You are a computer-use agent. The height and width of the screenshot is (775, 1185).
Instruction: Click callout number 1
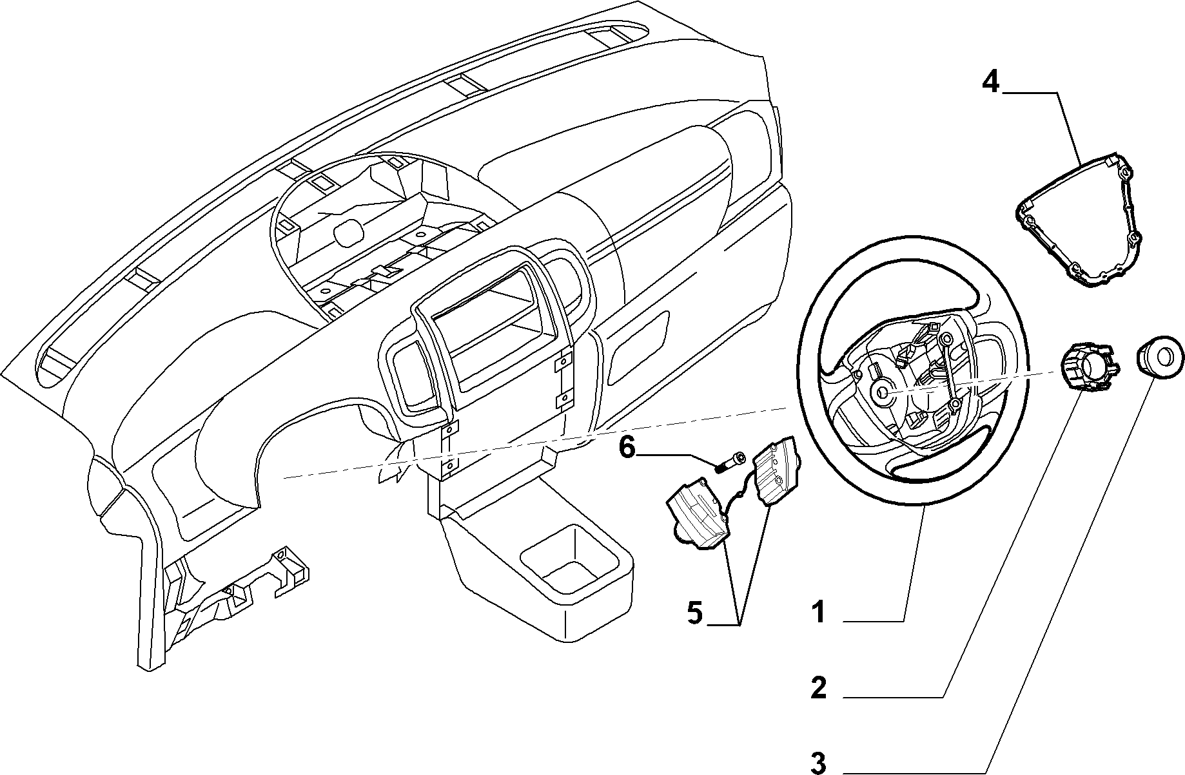pyautogui.click(x=818, y=612)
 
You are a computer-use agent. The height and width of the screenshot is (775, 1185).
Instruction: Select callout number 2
pyautogui.click(x=818, y=688)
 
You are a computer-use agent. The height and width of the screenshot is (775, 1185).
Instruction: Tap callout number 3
pyautogui.click(x=818, y=763)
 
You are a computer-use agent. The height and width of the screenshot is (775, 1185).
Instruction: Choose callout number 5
pyautogui.click(x=694, y=612)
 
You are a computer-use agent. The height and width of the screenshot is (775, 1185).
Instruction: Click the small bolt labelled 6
pyautogui.click(x=728, y=463)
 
